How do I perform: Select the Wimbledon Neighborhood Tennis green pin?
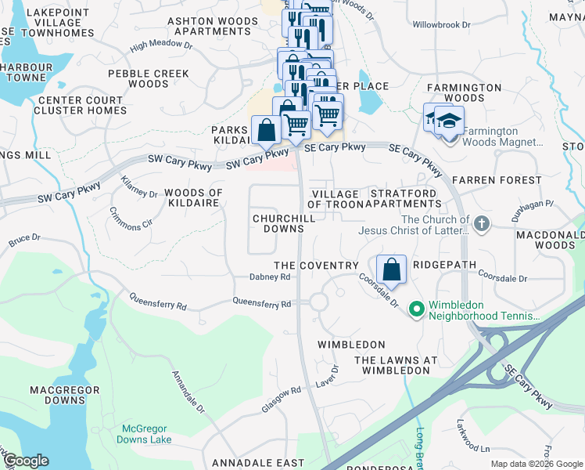(416, 310)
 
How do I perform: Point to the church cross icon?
(482, 225)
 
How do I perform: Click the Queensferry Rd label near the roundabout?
(262, 303)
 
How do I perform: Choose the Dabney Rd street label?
(270, 277)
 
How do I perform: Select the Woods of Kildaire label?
(193, 198)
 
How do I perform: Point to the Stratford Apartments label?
(405, 198)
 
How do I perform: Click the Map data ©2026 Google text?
(536, 464)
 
